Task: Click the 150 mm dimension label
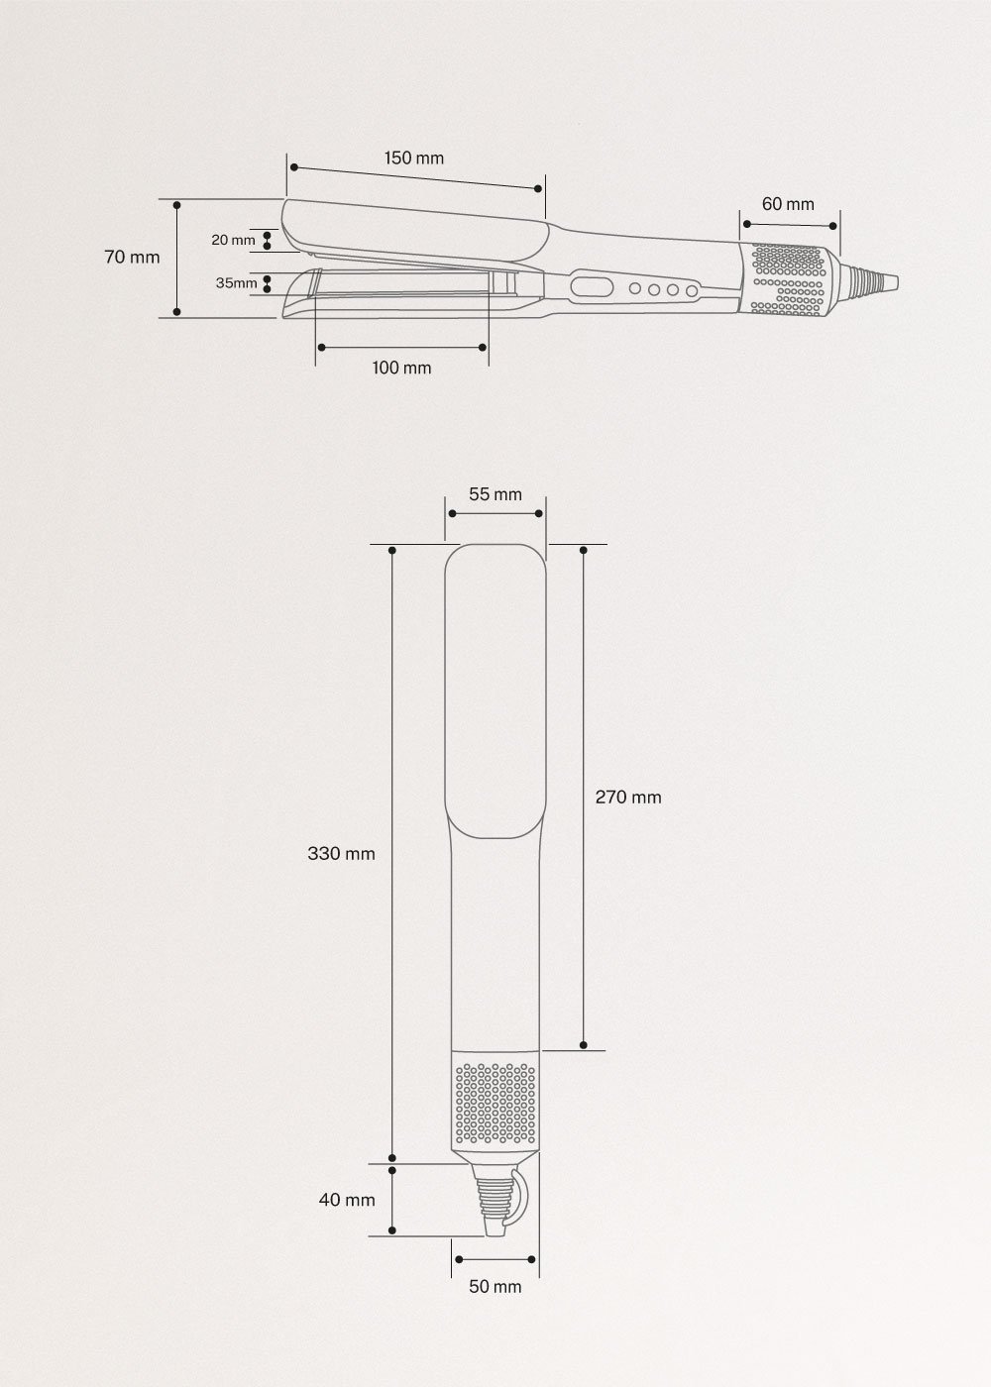pyautogui.click(x=414, y=158)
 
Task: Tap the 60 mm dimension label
pyautogui.click(x=788, y=203)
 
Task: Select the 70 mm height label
pyautogui.click(x=132, y=257)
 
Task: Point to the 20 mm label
pyautogui.click(x=233, y=240)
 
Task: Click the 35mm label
pyautogui.click(x=236, y=283)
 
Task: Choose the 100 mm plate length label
pyautogui.click(x=401, y=368)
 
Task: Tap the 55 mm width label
pyautogui.click(x=495, y=494)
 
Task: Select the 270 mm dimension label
pyautogui.click(x=627, y=797)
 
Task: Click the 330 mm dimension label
pyautogui.click(x=341, y=853)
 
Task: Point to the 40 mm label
pyautogui.click(x=347, y=1200)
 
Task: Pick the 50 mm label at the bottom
pyautogui.click(x=495, y=1287)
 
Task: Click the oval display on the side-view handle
pyautogui.click(x=590, y=288)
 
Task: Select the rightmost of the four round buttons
pyautogui.click(x=690, y=291)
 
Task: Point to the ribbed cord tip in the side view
pyautogui.click(x=875, y=281)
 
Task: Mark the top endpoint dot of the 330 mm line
pyautogui.click(x=393, y=549)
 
